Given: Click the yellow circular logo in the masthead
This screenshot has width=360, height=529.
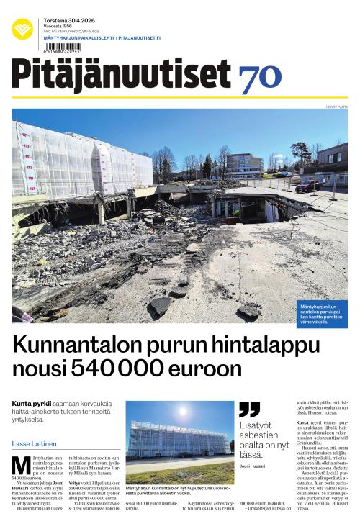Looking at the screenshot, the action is (22, 30).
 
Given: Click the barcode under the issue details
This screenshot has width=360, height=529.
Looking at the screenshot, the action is (63, 48).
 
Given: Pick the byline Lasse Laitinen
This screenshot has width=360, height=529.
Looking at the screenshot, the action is (35, 443).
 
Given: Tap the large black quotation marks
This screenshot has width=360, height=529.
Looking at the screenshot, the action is (249, 410).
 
